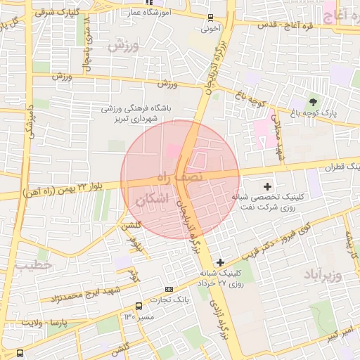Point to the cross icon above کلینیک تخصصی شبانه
point(267,186)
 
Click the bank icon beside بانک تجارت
point(169,289)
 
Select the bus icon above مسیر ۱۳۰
point(139,306)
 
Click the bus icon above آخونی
point(211,18)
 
